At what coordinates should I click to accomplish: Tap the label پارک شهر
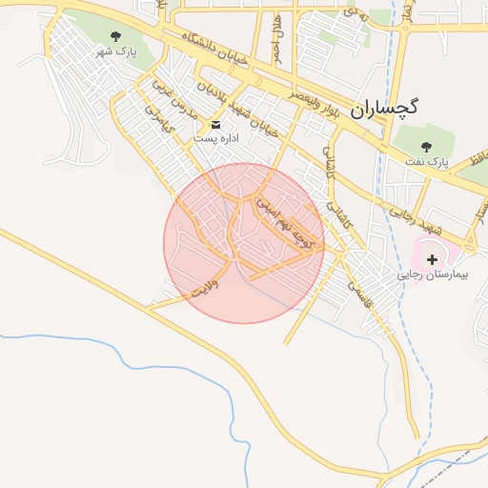(x=115, y=51)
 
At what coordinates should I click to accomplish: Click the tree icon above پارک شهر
(x=116, y=36)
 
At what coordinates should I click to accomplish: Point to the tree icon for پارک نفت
(x=425, y=146)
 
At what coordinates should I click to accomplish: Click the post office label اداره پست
(x=214, y=139)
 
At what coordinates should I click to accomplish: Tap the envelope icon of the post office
(x=215, y=125)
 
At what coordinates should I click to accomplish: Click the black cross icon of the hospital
(x=432, y=258)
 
